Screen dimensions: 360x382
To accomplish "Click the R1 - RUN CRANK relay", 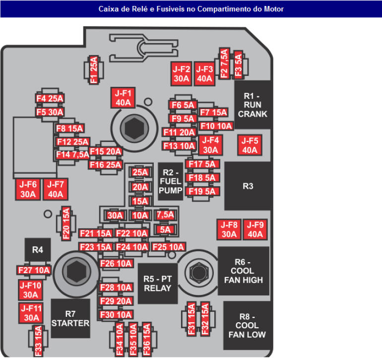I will [253, 105].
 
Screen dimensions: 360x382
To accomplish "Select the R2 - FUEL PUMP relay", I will [171, 181].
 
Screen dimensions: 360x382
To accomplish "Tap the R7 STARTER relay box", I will [70, 318].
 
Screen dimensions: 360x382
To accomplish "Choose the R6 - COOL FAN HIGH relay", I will [243, 271].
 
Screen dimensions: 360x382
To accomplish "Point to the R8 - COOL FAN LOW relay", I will [247, 326].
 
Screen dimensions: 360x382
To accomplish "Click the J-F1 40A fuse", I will [123, 98].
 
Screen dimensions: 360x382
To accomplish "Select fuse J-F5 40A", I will [250, 145].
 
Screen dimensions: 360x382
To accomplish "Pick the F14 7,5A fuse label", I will [69, 154].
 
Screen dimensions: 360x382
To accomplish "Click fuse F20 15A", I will [65, 224].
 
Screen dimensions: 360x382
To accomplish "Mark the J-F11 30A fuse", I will [31, 313].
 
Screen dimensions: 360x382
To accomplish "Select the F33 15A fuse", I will [38, 341].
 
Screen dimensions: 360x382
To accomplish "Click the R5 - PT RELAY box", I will [157, 284].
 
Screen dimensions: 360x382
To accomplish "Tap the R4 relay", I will [38, 250].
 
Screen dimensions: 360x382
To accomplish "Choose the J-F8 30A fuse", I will [229, 229].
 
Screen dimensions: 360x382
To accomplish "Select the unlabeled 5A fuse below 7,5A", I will [165, 230].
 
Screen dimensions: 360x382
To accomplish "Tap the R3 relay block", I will [248, 186].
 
